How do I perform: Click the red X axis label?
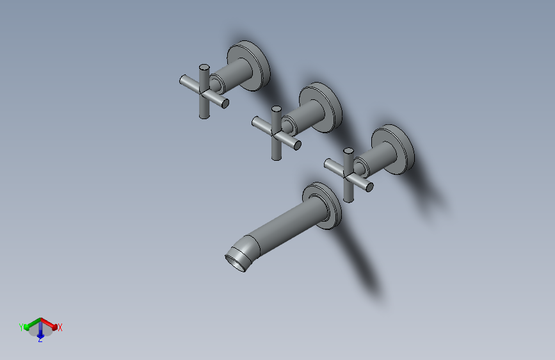(60, 327)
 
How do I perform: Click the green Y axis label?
(21, 327)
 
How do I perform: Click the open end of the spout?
(235, 263)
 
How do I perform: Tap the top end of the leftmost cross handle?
(204, 67)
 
